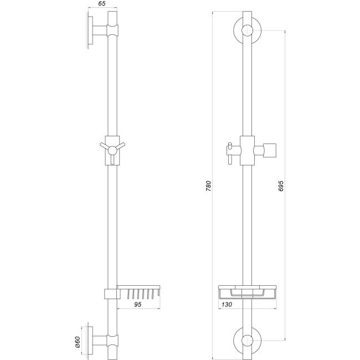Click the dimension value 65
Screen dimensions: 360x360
point(102,3)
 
